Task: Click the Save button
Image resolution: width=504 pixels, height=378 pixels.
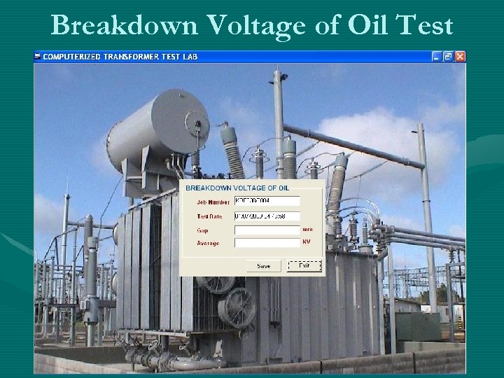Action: click(264, 266)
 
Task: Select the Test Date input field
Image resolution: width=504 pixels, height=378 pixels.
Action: click(267, 216)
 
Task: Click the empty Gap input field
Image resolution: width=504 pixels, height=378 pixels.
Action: click(267, 230)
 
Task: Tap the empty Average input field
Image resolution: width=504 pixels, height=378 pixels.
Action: click(267, 243)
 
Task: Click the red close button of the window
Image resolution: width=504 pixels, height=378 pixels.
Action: click(460, 56)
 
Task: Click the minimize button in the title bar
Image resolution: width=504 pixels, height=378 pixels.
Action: click(437, 56)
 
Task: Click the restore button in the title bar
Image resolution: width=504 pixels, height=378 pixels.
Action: click(448, 56)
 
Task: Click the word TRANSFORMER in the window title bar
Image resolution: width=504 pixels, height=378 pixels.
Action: click(132, 56)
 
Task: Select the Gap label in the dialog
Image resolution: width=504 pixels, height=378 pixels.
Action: click(202, 230)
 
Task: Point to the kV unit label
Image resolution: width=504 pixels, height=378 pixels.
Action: click(307, 242)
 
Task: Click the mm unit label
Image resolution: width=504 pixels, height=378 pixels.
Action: click(307, 229)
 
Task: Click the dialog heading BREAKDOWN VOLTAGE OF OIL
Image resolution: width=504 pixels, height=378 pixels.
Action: click(237, 188)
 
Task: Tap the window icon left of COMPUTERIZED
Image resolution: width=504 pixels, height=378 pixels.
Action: click(38, 56)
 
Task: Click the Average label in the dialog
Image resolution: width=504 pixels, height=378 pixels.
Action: click(208, 243)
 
